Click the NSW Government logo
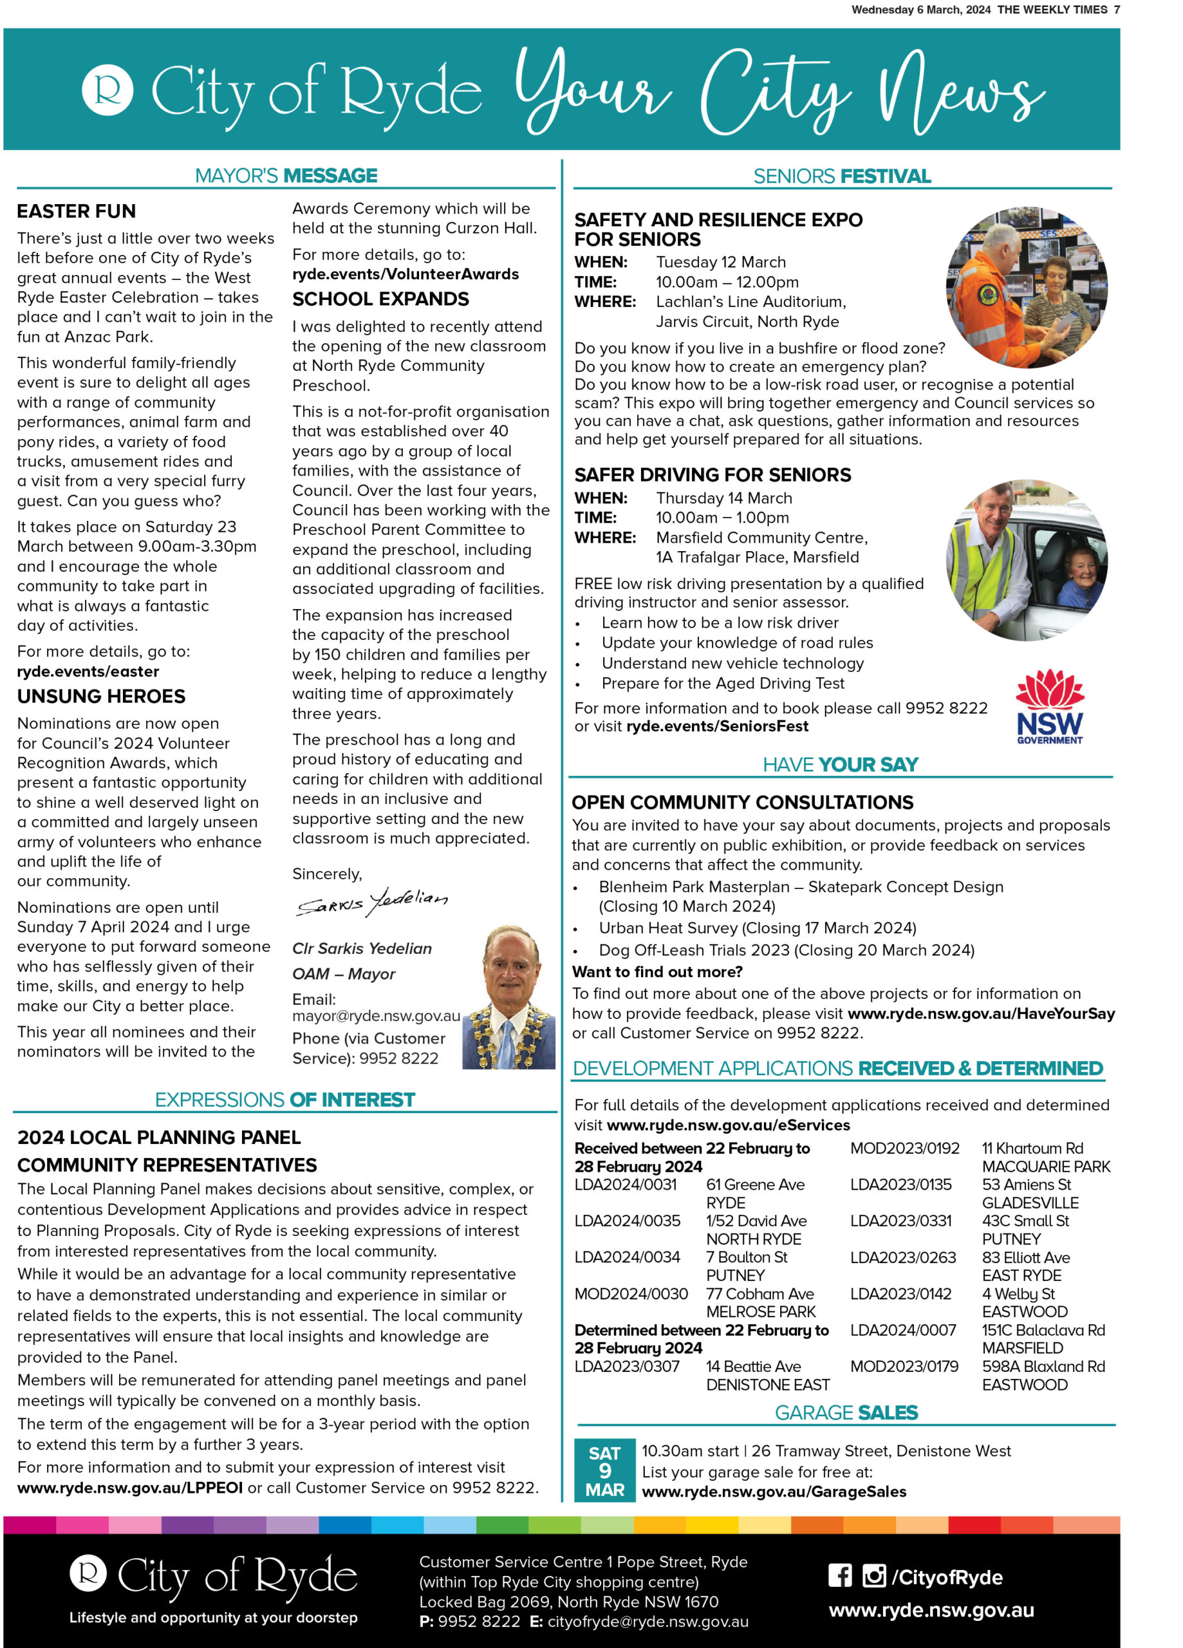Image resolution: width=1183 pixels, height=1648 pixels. tap(1049, 706)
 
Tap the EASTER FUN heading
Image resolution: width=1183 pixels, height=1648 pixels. tap(77, 211)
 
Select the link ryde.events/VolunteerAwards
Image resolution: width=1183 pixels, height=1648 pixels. tap(405, 274)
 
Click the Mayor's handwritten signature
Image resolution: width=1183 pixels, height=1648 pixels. tap(372, 903)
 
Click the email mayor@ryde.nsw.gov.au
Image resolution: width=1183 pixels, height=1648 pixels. tap(377, 1016)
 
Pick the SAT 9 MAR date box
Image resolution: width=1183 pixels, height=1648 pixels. tap(604, 1471)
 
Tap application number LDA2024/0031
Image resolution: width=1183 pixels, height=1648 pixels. tap(626, 1184)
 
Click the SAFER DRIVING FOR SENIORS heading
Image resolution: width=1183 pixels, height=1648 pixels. tap(712, 475)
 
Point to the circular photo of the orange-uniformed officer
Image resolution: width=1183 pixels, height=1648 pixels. tap(1026, 287)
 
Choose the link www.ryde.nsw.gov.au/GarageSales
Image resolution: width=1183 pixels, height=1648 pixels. tap(774, 1492)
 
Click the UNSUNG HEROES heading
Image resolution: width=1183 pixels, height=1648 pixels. tap(101, 696)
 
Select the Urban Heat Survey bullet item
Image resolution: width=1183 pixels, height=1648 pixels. tap(757, 928)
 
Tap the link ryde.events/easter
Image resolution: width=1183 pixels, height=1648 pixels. tap(88, 671)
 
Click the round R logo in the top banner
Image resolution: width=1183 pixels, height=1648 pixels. tap(107, 90)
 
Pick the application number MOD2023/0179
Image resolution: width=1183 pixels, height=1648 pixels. tap(904, 1366)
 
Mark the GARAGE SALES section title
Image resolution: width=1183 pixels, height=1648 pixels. tap(846, 1412)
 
